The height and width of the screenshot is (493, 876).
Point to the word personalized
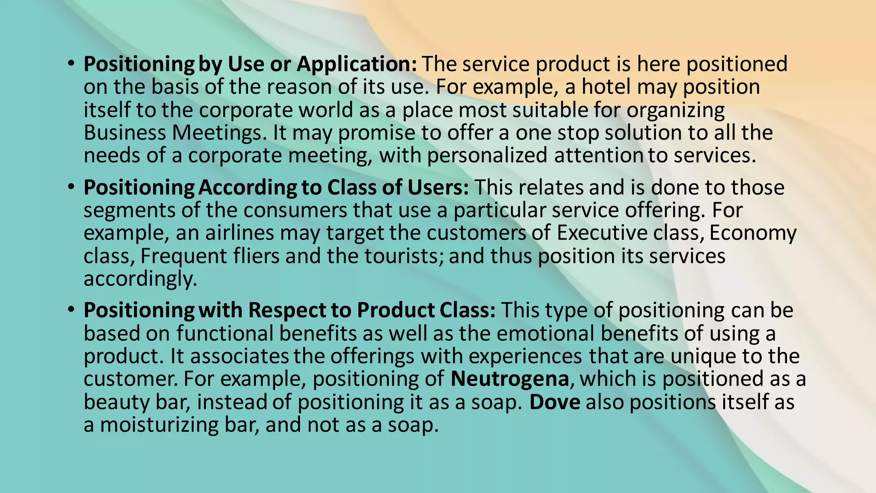point(487,155)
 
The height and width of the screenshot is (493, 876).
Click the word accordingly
point(140,279)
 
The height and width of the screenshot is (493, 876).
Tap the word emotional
point(545,333)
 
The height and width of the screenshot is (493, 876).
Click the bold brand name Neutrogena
point(509,379)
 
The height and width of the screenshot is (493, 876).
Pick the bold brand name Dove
point(555,402)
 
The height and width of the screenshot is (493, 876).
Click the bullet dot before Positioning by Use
point(71,64)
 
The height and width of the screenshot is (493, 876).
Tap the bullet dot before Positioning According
point(71,187)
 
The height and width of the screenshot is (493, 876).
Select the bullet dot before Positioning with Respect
point(71,310)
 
